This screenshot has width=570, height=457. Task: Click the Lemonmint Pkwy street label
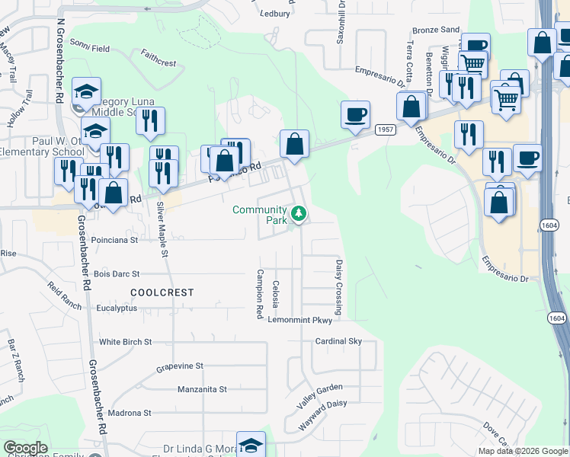[x=300, y=320]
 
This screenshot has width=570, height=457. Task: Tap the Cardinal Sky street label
[x=338, y=341]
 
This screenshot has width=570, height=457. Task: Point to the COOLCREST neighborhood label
[x=162, y=292]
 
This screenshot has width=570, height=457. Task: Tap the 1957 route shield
[x=386, y=129]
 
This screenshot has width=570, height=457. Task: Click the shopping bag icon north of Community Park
[x=294, y=144]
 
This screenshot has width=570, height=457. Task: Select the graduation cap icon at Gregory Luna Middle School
[x=87, y=93]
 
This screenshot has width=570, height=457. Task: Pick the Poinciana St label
[x=114, y=239]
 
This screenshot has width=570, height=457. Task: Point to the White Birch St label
[x=126, y=342]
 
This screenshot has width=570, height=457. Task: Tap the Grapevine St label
[x=180, y=366]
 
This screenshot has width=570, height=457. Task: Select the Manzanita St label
[x=202, y=389]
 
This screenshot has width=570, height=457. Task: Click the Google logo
[x=25, y=448]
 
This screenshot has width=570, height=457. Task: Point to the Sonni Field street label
[x=90, y=47]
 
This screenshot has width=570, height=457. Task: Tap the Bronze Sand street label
[x=436, y=30]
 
